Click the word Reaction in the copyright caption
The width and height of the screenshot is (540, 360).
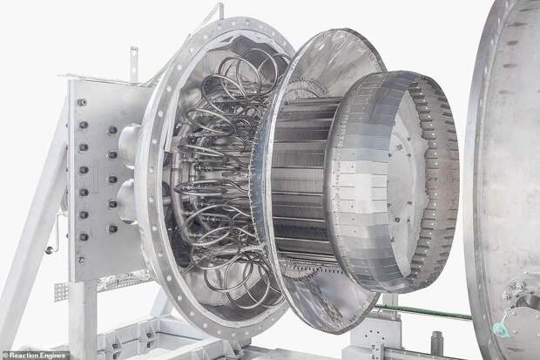click(x=24, y=356)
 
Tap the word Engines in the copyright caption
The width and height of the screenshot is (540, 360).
click(x=52, y=356)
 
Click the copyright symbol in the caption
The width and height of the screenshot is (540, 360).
click(x=5, y=356)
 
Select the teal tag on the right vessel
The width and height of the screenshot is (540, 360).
click(x=498, y=329)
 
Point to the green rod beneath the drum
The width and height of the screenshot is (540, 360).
click(x=424, y=311)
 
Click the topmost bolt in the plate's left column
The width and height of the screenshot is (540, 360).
click(x=82, y=102)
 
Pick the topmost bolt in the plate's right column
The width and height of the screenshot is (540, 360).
click(x=112, y=130)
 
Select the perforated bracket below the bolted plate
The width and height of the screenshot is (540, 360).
click(x=61, y=292)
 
